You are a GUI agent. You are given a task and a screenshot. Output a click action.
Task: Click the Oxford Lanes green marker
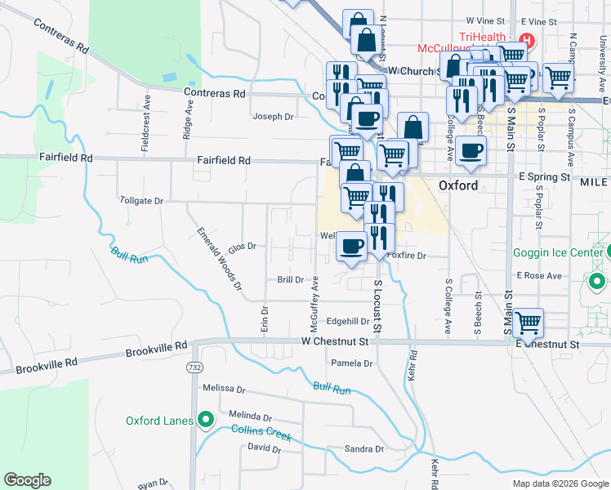pyautogui.click(x=206, y=421)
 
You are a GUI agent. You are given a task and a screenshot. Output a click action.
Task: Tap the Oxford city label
pyautogui.click(x=457, y=185)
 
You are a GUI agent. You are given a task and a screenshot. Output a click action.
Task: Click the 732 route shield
pyautogui.click(x=194, y=367)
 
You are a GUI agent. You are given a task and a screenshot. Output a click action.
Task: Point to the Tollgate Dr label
pyautogui.click(x=141, y=200)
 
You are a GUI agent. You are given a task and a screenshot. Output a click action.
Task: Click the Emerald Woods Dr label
pyautogui.click(x=220, y=258)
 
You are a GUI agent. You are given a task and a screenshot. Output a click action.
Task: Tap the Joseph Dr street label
pyautogui.click(x=272, y=117)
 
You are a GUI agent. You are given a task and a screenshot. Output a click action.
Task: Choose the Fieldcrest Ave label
pyautogui.click(x=146, y=123)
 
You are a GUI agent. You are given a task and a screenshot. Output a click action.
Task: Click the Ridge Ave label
pyautogui.click(x=188, y=119)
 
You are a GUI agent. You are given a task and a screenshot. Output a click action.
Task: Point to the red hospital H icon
pyautogui.click(x=527, y=41)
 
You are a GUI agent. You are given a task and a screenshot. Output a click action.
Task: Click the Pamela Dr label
pyautogui.click(x=351, y=363)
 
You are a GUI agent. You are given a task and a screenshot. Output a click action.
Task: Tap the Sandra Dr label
pyautogui.click(x=363, y=449)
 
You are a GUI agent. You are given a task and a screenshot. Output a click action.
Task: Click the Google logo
pyautogui.click(x=28, y=480)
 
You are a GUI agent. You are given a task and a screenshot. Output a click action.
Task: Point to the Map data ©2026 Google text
pyautogui.click(x=560, y=483)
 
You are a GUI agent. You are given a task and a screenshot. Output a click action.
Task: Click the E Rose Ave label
pyautogui.click(x=539, y=276)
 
